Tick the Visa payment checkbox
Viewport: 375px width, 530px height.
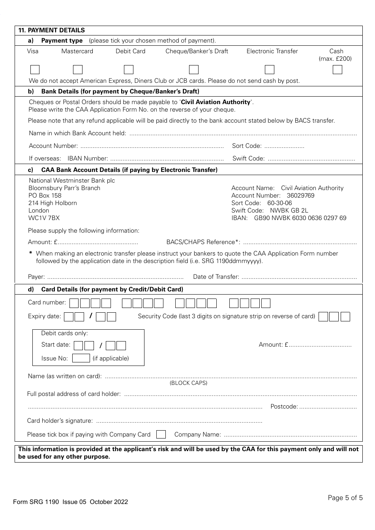point(35,70)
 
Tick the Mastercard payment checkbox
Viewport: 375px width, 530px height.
point(78,70)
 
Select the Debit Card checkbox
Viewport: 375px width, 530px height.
point(129,70)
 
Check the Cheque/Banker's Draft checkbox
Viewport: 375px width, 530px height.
point(194,70)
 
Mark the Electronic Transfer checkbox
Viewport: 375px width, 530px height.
point(270,70)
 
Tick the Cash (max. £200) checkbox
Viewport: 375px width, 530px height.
point(337,70)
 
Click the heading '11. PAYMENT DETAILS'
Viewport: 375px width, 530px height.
point(52,30)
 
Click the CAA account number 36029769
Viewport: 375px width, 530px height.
point(300,196)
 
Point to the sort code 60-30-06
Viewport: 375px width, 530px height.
point(279,203)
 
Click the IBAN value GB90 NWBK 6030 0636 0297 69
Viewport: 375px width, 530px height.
point(300,218)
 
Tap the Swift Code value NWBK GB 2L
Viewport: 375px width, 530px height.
point(289,211)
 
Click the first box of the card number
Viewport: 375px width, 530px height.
point(74,303)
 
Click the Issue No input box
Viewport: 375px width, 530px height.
point(81,358)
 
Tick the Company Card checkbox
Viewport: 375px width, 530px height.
point(161,435)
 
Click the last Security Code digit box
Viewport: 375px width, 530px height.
point(345,317)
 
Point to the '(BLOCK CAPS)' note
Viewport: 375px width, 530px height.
point(188,383)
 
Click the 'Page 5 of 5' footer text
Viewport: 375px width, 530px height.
point(345,498)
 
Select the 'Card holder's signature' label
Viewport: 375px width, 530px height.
point(60,421)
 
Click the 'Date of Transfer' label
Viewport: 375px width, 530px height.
point(216,277)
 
